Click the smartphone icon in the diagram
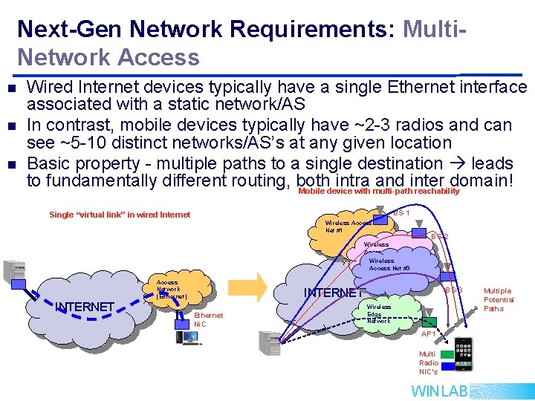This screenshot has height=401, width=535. pyautogui.click(x=463, y=353)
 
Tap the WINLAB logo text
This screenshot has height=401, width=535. pyautogui.click(x=439, y=391)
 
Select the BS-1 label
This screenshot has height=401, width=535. pyautogui.click(x=402, y=213)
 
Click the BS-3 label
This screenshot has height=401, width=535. pyautogui.click(x=453, y=289)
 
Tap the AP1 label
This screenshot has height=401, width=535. pyautogui.click(x=429, y=334)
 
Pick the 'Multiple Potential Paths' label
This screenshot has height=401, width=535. pyautogui.click(x=498, y=299)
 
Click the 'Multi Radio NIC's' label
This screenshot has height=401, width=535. pyautogui.click(x=428, y=363)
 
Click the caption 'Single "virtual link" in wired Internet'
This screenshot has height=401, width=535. pyautogui.click(x=120, y=215)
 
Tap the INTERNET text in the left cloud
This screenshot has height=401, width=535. pyautogui.click(x=85, y=307)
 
